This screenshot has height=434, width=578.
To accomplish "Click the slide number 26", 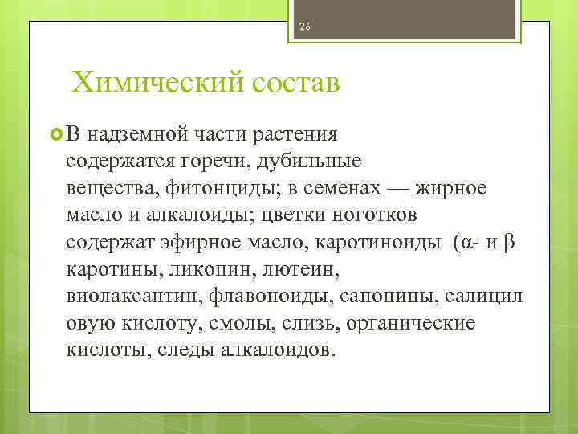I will point(305,27).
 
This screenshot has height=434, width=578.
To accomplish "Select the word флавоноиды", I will point(271,297).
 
